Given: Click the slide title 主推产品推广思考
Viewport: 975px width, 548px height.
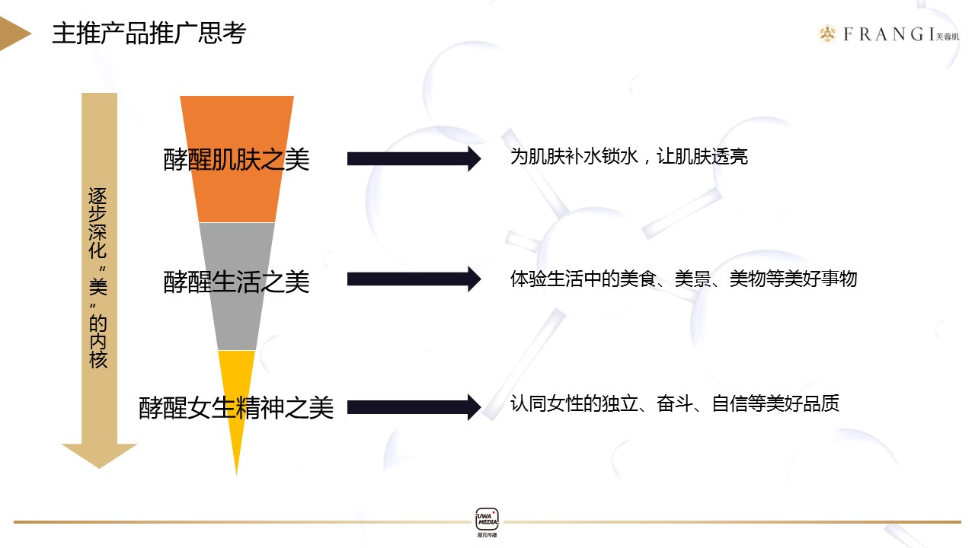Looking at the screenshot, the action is point(149,33).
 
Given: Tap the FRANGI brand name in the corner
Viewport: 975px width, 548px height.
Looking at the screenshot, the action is point(889,34).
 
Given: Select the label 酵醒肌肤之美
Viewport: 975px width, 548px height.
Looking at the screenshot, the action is point(236,159).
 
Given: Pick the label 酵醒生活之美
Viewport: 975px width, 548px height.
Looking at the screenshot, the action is point(236,282).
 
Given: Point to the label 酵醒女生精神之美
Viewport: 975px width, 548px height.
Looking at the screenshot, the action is point(236,407).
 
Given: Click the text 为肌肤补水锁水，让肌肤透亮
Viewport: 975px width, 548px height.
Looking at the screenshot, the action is point(629,157).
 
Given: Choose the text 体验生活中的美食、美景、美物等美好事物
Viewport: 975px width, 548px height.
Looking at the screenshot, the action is point(684,279).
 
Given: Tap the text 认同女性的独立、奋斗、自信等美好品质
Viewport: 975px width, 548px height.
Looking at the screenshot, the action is point(675,403).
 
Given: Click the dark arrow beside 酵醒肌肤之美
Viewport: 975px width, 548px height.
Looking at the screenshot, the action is point(414,159).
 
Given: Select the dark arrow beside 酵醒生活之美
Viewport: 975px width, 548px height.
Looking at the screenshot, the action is point(414,279).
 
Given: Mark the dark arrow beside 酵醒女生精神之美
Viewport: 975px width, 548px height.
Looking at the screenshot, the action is point(414,407).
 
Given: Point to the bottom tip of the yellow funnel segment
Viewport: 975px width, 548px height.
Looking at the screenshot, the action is point(236,474).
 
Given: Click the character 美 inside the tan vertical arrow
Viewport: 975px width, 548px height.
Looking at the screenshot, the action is point(98,287).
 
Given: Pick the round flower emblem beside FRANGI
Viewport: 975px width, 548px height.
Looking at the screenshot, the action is point(827,34).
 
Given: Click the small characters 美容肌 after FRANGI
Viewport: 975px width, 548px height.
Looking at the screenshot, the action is point(947,37).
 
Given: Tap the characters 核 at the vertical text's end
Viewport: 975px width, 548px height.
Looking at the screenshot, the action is point(98,360).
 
